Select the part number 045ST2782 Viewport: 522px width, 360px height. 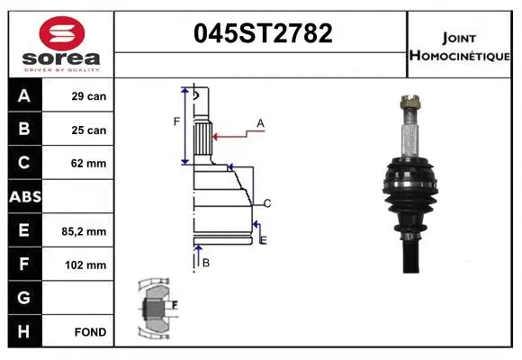264,33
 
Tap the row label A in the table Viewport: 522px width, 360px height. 23,96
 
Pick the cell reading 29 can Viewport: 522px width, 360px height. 89,96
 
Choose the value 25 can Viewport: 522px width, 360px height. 89,130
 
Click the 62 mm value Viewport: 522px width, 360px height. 89,164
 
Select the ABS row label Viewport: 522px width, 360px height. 23,197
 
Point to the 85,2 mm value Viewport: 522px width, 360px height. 89,231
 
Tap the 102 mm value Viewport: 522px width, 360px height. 89,265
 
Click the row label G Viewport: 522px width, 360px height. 23,298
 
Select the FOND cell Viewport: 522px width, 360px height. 89,332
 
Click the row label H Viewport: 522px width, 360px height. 23,332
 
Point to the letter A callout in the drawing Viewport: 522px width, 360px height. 260,122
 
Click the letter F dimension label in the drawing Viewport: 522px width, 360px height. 176,121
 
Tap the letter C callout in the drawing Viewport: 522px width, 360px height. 267,202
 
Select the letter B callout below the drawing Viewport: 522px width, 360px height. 205,263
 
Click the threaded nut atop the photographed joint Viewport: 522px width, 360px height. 409,106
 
